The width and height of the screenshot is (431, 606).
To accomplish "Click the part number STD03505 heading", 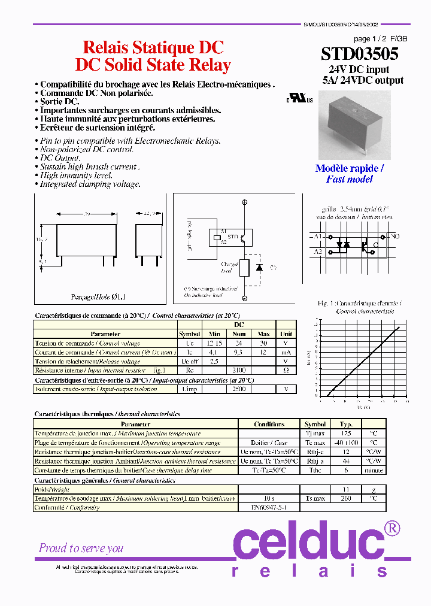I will [x=360, y=54].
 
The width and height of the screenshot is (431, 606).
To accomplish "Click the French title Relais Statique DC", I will [x=153, y=48].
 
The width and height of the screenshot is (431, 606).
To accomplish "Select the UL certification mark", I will [x=299, y=98].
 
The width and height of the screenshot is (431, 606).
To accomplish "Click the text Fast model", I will [x=349, y=179].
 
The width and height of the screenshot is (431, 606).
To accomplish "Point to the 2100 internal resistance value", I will [x=239, y=370].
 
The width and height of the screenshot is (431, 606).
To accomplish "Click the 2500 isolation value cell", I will [x=239, y=389].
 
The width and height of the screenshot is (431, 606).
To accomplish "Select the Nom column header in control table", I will [x=239, y=334].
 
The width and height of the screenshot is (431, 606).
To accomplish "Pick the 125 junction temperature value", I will [x=346, y=433].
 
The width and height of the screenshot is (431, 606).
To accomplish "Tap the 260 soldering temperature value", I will [x=346, y=498].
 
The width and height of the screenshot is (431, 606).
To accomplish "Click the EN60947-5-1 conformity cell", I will [x=268, y=507].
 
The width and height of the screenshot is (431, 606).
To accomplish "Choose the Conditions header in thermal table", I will [x=269, y=424].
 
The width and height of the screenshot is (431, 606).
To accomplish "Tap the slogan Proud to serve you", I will [x=81, y=548].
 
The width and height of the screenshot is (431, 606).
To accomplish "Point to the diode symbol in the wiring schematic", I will [x=259, y=268].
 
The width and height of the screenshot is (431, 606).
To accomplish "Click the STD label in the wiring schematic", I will [x=233, y=238].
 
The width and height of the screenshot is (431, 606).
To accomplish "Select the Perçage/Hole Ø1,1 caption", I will [x=99, y=296].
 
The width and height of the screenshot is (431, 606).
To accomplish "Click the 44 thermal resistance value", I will [x=346, y=461].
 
